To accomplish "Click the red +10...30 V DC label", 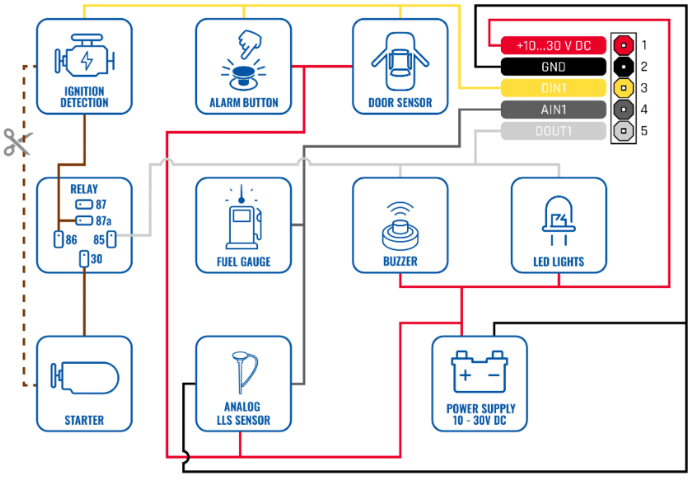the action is pos(554,45).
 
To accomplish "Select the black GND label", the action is pos(554,67).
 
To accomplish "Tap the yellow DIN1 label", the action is pos(554,88).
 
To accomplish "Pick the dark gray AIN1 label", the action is pos(554,110).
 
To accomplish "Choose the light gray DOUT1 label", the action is pos(554,131).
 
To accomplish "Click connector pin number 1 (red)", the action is pos(624,45).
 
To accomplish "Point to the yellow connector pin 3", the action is pos(624,88).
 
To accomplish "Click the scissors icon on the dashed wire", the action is pos(17,142).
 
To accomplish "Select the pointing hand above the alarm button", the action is pos(250,44).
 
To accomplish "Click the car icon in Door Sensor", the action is pos(400,62).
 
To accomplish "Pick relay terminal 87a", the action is pos(84,220).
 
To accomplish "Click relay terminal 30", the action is pos(84,259).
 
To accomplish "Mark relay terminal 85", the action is pos(111,239).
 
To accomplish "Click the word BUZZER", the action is pos(400,261).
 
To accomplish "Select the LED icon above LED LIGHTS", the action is pos(559,220).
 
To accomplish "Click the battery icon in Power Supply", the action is pos(480,372).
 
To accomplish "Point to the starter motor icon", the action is pos(84,378).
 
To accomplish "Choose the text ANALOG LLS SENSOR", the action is pos(243,413).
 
